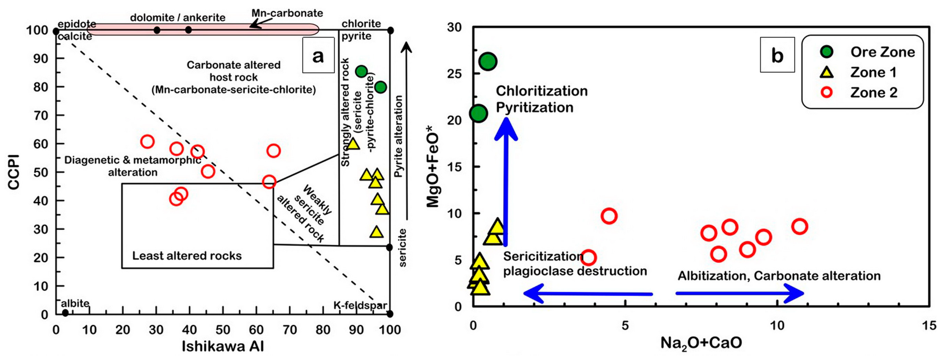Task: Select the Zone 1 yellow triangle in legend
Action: click(x=827, y=72)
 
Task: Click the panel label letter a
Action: click(x=318, y=56)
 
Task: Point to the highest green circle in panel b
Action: click(x=488, y=61)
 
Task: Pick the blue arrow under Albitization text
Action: click(x=740, y=293)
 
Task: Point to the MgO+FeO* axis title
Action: click(x=433, y=167)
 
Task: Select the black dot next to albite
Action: click(x=65, y=313)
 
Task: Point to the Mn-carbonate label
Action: click(x=287, y=13)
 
